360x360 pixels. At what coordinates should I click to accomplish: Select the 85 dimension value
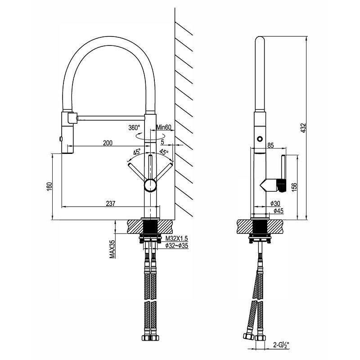click(270, 145)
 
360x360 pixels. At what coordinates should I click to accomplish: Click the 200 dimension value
click(108, 143)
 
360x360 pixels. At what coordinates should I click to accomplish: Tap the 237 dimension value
click(111, 203)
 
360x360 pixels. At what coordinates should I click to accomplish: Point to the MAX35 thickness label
click(112, 249)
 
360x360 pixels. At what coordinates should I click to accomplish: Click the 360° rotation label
click(134, 127)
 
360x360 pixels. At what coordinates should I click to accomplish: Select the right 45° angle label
click(164, 152)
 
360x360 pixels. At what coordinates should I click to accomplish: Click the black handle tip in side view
click(281, 184)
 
